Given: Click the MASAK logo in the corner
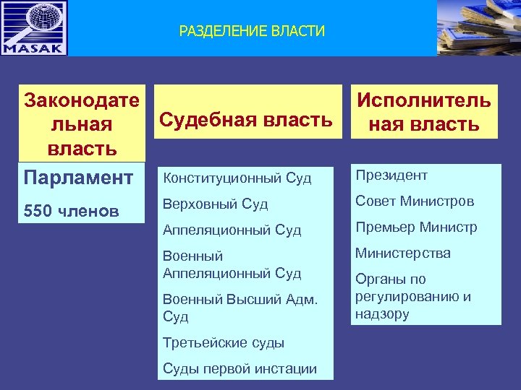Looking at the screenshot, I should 34,28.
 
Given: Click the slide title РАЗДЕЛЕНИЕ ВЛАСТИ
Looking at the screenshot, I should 252,31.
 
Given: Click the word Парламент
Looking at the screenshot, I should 78,178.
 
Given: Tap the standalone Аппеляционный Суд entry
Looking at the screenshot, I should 232,230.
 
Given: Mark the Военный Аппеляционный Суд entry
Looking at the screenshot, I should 232,265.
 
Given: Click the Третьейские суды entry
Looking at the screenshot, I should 224,342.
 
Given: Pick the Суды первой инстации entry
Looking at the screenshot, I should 240,368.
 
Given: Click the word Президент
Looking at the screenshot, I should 391,175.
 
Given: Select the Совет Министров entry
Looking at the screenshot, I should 415,201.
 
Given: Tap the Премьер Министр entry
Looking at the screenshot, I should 416,227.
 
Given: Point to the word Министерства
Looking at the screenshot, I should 402,253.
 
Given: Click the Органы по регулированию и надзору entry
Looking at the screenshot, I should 413,296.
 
